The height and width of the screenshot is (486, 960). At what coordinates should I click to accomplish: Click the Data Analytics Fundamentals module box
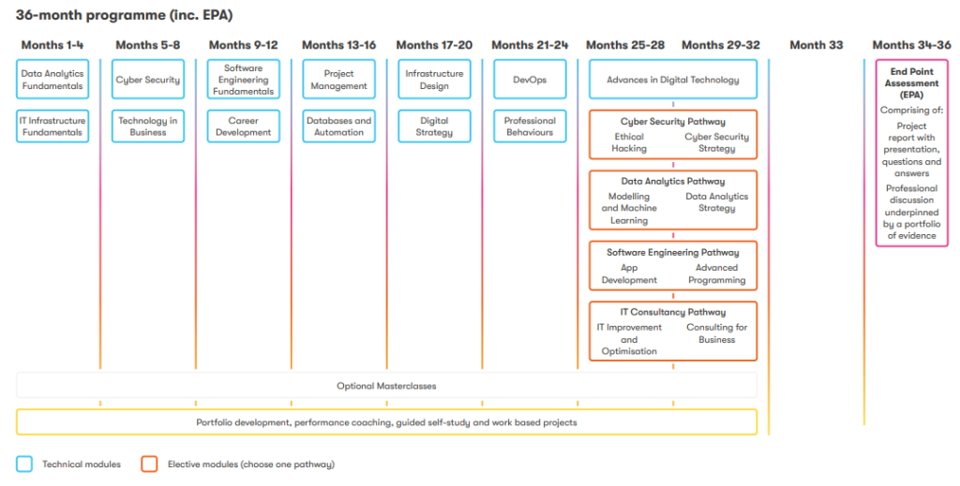point(52,79)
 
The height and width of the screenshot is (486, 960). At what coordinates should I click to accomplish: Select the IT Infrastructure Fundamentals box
point(52,125)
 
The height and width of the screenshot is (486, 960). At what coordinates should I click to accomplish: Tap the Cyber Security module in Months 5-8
point(148,79)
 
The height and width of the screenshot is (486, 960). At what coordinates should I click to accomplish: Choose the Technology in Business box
point(148,125)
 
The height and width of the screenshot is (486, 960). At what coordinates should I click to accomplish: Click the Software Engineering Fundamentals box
point(244,79)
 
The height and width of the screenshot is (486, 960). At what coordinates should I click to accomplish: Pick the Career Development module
point(244,125)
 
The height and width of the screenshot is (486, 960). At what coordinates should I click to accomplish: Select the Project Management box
point(339,79)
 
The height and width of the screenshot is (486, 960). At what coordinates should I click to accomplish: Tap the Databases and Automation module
point(339,125)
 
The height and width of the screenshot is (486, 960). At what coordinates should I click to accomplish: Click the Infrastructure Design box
point(435,79)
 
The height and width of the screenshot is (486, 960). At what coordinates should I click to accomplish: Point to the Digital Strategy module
point(435,125)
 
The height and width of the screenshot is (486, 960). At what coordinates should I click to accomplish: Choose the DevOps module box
point(531,79)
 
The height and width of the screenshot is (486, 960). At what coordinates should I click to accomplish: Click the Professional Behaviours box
point(531,125)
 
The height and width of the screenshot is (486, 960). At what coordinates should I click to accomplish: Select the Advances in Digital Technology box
point(673,79)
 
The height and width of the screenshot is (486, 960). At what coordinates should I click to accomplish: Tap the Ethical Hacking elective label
point(629,142)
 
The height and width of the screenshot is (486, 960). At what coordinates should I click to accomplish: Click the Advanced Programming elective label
point(717,273)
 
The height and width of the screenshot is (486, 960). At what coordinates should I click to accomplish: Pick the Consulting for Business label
point(717,333)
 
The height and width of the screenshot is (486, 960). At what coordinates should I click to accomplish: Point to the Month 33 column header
point(817,45)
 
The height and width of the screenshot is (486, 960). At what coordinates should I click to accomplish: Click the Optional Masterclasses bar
point(386,386)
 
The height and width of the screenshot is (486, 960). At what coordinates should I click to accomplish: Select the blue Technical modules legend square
point(24,464)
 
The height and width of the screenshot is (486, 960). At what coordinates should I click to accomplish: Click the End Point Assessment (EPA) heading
point(911,83)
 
